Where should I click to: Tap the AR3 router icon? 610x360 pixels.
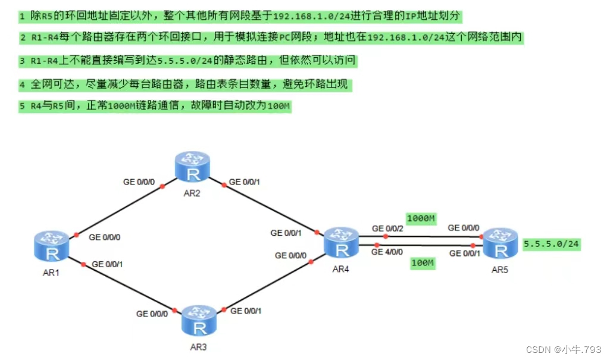(199, 320)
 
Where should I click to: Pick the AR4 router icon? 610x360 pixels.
(340, 242)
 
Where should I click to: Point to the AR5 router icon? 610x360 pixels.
(499, 243)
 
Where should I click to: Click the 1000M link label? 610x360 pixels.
(421, 219)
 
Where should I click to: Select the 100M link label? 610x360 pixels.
(422, 262)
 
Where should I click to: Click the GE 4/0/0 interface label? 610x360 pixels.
(387, 252)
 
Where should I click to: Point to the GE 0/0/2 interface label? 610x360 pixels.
(387, 228)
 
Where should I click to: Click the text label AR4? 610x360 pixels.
(340, 269)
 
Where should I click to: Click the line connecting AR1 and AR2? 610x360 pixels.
(119, 211)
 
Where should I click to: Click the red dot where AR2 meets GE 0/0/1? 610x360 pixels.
(223, 184)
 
